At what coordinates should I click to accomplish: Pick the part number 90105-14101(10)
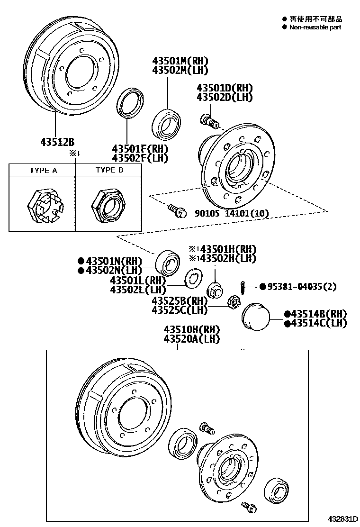coord(231,214)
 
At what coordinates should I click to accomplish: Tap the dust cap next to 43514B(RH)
coord(255,315)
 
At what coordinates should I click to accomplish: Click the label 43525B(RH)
coord(180,301)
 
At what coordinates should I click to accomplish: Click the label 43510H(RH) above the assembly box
coord(192,329)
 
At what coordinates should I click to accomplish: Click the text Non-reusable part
coord(315,27)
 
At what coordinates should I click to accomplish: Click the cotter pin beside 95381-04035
coord(242,287)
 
